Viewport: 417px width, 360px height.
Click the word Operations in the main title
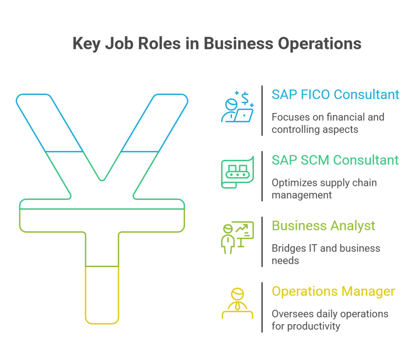pos(319,43)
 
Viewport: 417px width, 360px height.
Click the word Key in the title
pos(86,43)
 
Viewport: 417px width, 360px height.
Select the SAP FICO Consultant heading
pos(336,95)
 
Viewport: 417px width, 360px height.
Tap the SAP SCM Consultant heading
pos(335,160)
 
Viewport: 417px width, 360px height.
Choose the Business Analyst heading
pos(323,226)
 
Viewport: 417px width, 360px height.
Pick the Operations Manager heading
pos(333,292)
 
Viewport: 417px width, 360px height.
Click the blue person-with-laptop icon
pos(237,107)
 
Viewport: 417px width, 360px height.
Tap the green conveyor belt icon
pos(237,172)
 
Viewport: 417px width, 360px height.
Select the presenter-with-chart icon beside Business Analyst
pos(237,238)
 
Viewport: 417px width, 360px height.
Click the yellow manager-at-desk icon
pos(237,303)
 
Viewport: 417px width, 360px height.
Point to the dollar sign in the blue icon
pos(245,98)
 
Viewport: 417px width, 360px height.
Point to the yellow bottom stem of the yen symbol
pos(102,295)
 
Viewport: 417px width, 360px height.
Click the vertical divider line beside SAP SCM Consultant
pos(262,176)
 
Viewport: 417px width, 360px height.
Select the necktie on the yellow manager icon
pos(237,306)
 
